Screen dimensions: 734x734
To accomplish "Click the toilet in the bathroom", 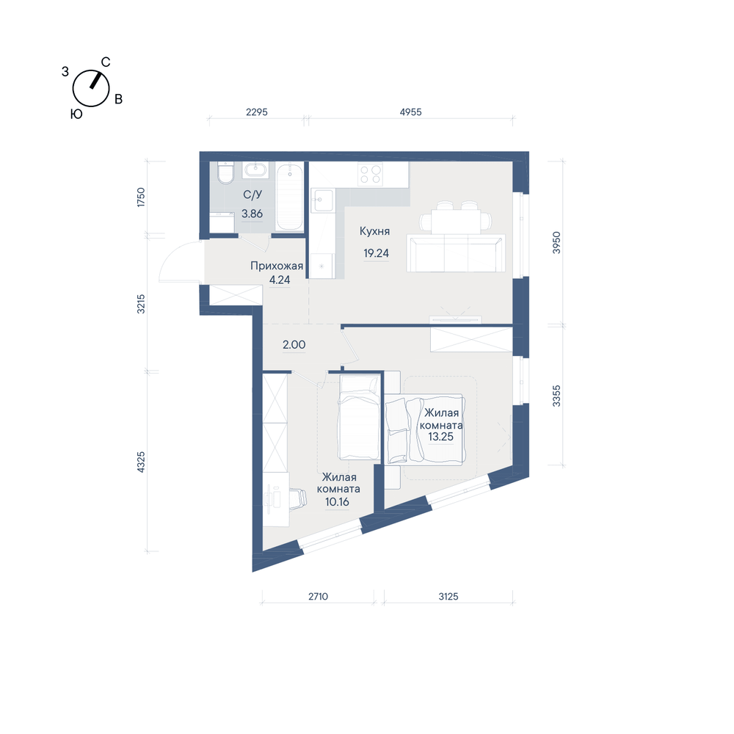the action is click(225, 172).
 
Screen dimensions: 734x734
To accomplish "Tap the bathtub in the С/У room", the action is click(290, 197).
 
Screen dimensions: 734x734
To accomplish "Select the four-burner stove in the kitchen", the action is click(370, 174).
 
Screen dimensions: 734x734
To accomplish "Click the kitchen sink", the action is click(323, 200).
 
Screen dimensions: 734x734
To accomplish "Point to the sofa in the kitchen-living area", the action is click(456, 253).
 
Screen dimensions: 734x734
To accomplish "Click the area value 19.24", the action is click(377, 253).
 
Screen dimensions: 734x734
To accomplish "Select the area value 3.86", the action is click(252, 214).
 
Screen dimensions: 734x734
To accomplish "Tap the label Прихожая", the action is click(277, 266).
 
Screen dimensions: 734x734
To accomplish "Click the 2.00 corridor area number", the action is click(294, 345).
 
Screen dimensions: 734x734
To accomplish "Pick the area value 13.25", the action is click(440, 437).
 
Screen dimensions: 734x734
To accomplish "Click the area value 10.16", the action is click(337, 502).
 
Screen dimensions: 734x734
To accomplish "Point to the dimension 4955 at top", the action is click(410, 112).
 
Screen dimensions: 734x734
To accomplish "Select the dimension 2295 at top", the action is click(256, 112).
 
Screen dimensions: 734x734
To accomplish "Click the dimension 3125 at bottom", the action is click(448, 597).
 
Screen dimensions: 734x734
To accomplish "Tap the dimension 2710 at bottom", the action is click(318, 597).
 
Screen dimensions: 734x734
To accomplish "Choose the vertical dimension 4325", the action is click(141, 462).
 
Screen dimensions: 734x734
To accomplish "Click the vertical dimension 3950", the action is click(556, 242).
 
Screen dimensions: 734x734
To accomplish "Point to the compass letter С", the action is click(106, 62).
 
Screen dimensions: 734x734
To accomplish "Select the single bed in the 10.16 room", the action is click(359, 418).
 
